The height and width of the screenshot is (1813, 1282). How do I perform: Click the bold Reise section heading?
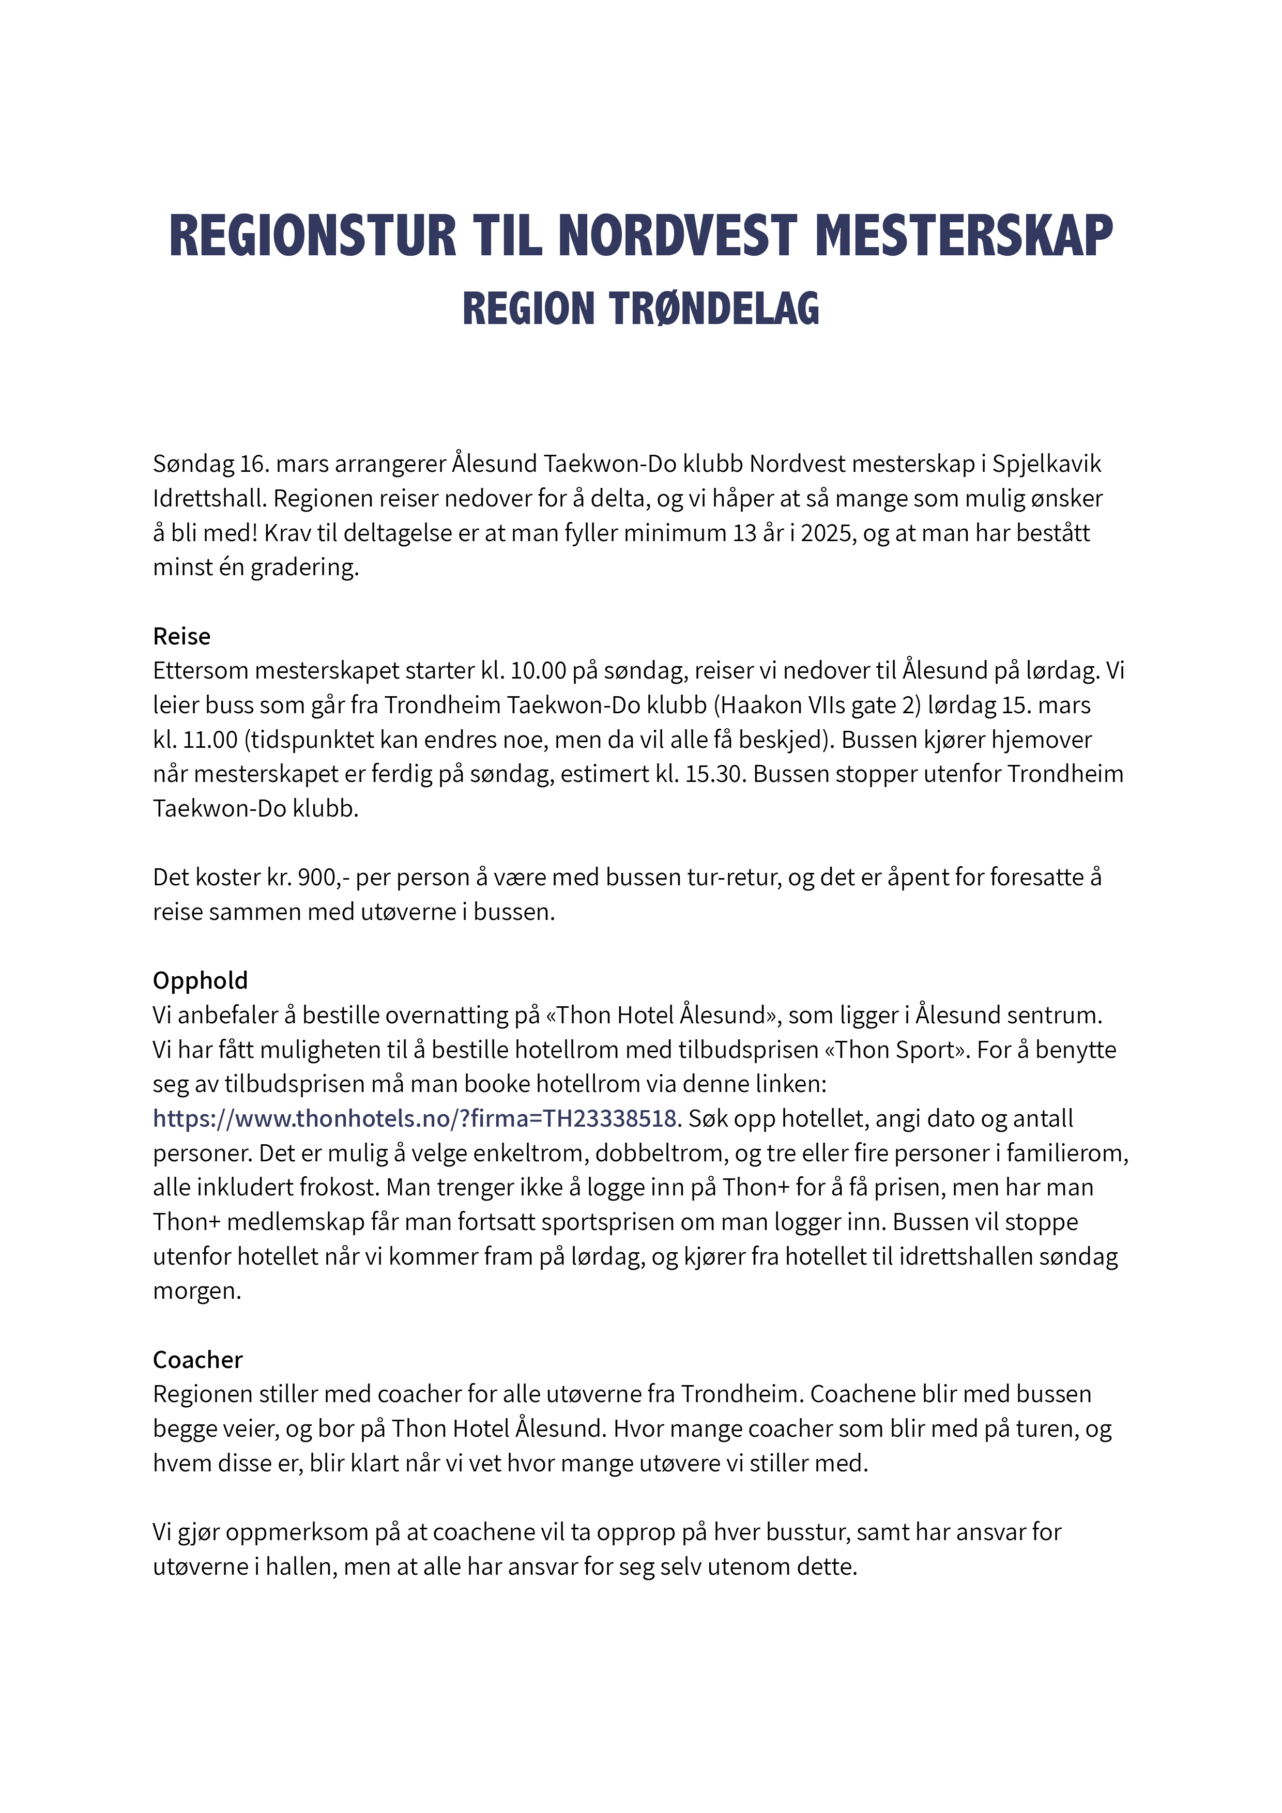(181, 636)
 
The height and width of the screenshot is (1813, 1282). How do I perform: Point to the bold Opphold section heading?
(200, 981)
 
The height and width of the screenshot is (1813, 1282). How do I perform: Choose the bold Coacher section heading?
(197, 1360)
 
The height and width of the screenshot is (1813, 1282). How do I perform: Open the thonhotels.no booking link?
(415, 1119)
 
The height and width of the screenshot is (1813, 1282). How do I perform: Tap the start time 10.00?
(539, 671)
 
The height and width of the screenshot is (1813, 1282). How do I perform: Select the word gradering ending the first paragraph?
(304, 568)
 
